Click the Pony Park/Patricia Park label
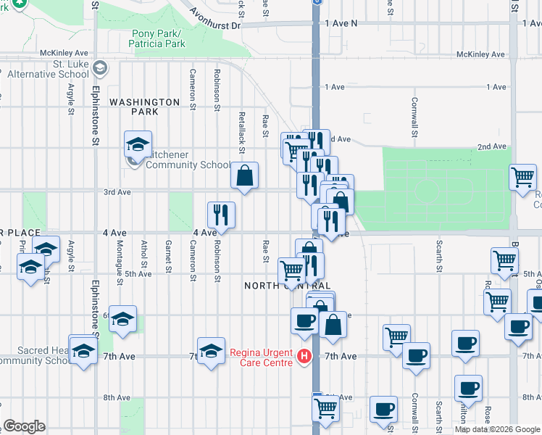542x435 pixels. coord(158,38)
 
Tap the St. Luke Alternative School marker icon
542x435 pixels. coord(100,69)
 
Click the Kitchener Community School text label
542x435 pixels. coord(188,165)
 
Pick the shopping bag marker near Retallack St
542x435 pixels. coord(245,175)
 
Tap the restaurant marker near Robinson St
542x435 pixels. coord(222,215)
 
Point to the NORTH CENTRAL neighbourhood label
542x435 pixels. coord(288,286)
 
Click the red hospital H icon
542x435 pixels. coord(304,356)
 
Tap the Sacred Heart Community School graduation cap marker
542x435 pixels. coord(84,349)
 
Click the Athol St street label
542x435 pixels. coord(144,254)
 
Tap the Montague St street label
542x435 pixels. coord(120,257)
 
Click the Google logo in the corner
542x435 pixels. coord(24,426)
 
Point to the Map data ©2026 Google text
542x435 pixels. coord(497,429)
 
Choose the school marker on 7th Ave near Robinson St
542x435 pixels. coord(211,352)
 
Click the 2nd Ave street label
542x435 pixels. coord(491,146)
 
